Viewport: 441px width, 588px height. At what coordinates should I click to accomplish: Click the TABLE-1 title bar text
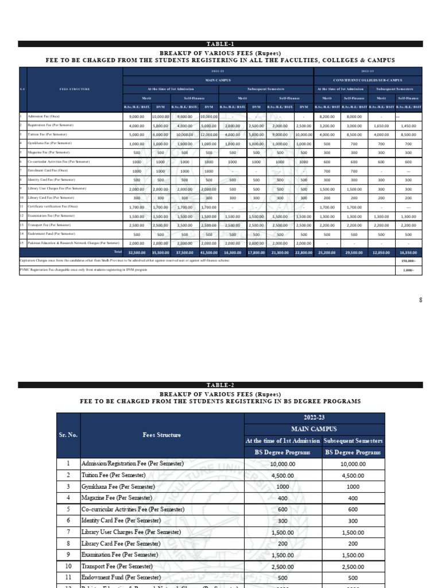point(220,44)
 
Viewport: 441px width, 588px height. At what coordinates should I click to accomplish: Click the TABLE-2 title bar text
point(220,385)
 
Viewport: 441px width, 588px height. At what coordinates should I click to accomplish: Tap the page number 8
point(420,300)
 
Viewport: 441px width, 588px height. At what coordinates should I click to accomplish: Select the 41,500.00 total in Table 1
point(209,252)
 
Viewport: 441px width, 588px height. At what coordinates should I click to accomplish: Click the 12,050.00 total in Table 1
point(384,252)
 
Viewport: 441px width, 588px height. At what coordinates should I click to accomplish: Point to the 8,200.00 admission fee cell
point(327,116)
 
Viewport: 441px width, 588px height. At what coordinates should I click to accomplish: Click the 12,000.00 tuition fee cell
point(209,134)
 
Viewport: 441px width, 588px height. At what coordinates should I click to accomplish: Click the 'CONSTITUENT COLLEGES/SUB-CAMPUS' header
point(367,80)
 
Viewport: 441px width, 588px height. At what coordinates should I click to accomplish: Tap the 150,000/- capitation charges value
point(408,261)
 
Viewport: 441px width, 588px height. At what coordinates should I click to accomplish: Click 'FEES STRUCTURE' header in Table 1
point(75,89)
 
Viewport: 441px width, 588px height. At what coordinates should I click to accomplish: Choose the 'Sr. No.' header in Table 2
point(68,435)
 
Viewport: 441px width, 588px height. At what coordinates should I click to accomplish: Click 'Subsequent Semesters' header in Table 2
point(354,441)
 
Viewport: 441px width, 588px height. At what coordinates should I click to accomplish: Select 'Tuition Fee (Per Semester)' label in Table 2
point(114,475)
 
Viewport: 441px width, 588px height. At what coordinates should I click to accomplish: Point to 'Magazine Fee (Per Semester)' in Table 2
point(117,498)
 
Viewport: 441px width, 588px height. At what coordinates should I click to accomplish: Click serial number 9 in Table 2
point(68,555)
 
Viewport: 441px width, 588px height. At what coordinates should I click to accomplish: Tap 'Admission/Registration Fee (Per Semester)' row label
point(133,463)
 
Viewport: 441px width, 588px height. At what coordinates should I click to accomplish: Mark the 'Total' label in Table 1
point(117,252)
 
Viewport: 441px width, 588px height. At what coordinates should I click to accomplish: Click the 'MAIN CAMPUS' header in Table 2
point(315,429)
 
